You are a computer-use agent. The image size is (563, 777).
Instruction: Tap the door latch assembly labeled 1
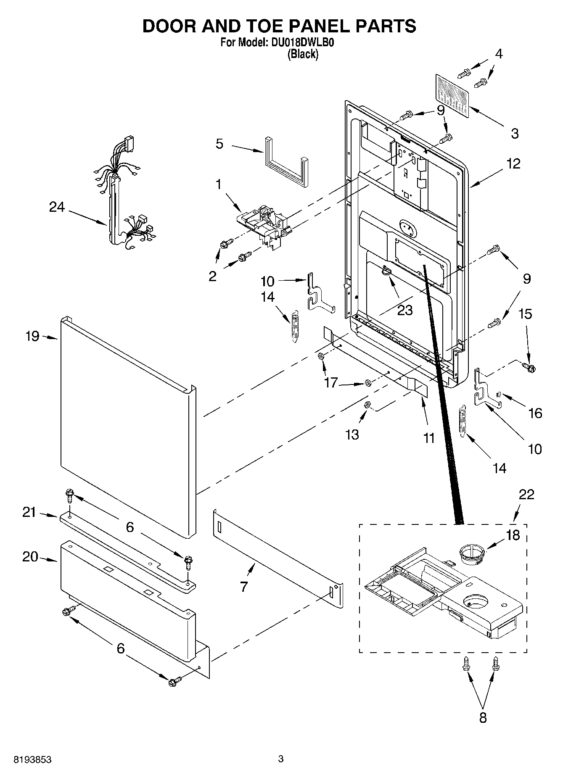click(x=264, y=223)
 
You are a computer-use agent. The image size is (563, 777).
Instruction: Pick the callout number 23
click(x=405, y=310)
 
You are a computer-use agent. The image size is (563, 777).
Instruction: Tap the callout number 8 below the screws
click(x=483, y=717)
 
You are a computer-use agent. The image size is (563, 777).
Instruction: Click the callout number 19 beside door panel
click(x=32, y=336)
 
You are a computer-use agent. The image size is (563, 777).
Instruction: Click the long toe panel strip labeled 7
click(x=278, y=548)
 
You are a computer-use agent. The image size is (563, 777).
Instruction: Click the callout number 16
click(x=535, y=413)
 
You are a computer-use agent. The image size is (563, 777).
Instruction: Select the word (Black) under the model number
click(x=302, y=54)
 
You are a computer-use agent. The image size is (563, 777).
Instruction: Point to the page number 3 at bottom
click(x=280, y=759)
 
